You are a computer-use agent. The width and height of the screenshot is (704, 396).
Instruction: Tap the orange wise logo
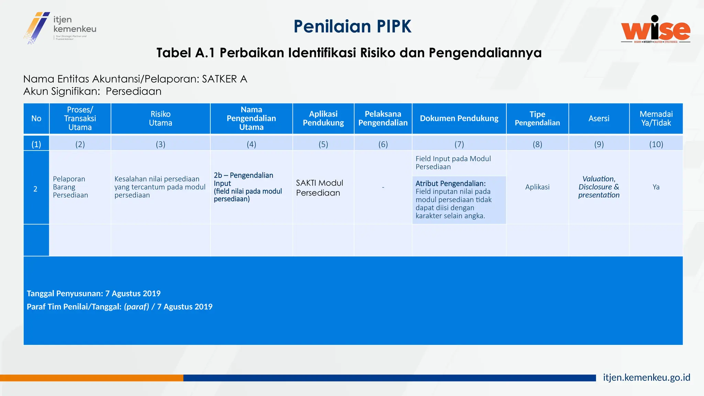click(x=656, y=30)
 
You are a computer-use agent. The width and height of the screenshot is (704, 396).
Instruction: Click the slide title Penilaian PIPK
click(x=352, y=26)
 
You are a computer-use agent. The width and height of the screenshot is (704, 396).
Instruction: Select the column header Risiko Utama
click(x=161, y=119)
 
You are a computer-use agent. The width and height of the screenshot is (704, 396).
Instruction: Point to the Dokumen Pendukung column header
click(x=459, y=119)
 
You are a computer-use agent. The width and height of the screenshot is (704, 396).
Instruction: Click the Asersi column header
click(x=599, y=119)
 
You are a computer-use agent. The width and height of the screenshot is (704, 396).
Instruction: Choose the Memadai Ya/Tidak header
click(x=656, y=119)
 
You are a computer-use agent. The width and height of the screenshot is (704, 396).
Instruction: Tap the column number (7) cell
click(x=459, y=144)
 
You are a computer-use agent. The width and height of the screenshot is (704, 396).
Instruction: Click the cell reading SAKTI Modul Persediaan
click(x=319, y=188)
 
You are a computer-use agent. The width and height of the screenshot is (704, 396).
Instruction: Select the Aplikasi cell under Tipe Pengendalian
click(x=537, y=187)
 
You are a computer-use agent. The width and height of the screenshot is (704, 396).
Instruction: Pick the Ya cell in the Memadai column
click(x=656, y=187)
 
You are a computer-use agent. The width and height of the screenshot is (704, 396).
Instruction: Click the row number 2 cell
click(x=35, y=189)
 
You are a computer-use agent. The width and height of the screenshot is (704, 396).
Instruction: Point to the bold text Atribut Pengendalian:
click(x=450, y=184)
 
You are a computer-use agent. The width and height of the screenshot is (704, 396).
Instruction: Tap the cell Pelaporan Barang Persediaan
click(x=70, y=187)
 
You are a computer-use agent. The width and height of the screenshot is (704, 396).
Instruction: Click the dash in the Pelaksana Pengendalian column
click(x=383, y=187)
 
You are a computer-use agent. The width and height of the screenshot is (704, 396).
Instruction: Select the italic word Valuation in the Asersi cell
click(x=598, y=179)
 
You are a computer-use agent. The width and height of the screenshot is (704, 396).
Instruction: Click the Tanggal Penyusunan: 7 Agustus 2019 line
click(x=93, y=294)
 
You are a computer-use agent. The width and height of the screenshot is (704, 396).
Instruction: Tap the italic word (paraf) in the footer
click(x=136, y=307)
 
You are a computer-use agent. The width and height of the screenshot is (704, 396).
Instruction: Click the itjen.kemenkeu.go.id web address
click(x=646, y=377)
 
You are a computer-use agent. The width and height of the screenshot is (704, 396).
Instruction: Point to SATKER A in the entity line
click(x=224, y=79)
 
